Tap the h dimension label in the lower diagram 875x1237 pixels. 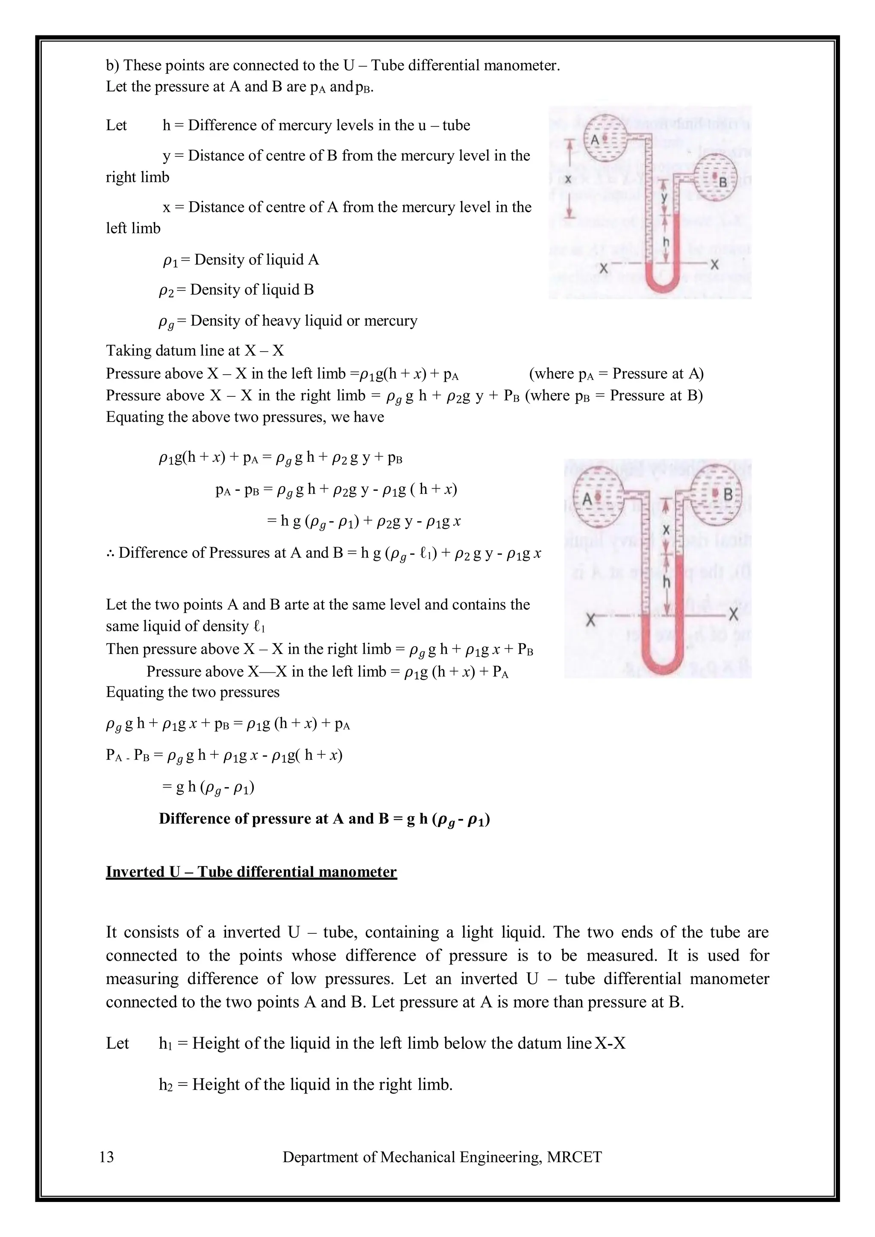click(667, 582)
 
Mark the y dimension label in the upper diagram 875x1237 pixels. click(664, 197)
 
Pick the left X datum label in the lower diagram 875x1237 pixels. click(591, 620)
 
